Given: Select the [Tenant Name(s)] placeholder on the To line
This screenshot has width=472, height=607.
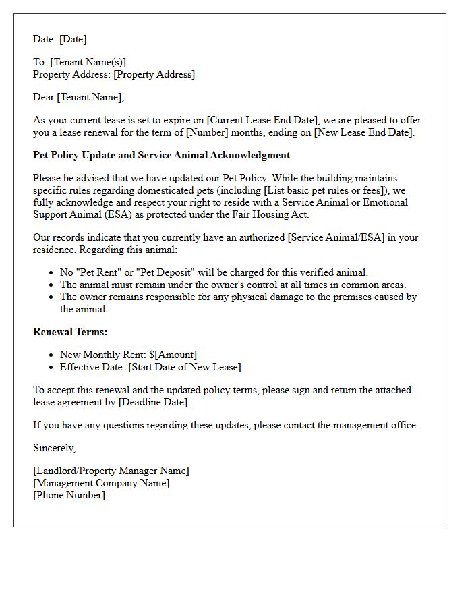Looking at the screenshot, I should [x=88, y=63].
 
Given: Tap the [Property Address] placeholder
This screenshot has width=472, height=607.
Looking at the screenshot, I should [x=154, y=74].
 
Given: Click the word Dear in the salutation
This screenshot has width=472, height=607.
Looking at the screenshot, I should [x=44, y=97].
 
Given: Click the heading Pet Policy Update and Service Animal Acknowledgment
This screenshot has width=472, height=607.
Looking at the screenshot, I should [x=162, y=155].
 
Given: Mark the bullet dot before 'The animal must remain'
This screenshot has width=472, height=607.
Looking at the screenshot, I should [x=52, y=285].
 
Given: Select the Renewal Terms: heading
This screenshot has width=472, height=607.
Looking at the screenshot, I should [x=70, y=332].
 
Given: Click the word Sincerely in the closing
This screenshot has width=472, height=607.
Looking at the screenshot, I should [x=55, y=448].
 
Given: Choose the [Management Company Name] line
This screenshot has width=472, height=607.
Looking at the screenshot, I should [x=101, y=483].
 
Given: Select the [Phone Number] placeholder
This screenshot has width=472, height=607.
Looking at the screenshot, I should [x=69, y=495].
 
